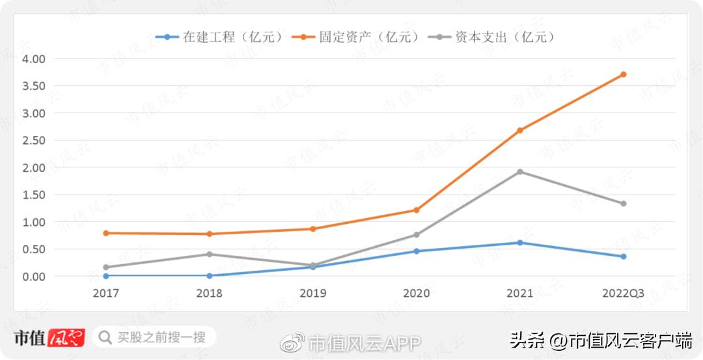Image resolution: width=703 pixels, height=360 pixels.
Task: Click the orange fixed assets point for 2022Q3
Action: [x=623, y=74]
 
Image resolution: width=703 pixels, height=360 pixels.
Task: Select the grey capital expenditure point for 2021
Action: [x=519, y=172]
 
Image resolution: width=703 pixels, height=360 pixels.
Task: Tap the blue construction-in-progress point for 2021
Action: [x=519, y=243]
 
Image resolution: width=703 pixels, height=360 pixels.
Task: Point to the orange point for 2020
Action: [x=416, y=210]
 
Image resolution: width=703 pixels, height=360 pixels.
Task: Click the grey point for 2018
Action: [x=209, y=255]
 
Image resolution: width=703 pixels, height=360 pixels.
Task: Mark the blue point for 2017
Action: [x=105, y=276]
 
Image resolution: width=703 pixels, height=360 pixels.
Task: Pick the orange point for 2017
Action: [x=105, y=233]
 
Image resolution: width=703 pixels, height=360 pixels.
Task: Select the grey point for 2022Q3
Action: [x=623, y=204]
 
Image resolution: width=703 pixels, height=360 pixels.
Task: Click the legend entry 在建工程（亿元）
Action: [x=220, y=37]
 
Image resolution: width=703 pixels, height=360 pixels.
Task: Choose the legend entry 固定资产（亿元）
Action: [x=356, y=37]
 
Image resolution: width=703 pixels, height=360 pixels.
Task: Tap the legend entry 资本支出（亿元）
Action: [x=492, y=37]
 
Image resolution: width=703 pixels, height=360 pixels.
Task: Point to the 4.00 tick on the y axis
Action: [x=33, y=59]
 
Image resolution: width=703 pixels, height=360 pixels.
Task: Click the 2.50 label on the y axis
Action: [x=33, y=141]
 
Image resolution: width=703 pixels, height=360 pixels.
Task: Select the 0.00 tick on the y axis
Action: [x=33, y=277]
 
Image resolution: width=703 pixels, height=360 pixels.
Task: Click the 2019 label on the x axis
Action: [x=312, y=294]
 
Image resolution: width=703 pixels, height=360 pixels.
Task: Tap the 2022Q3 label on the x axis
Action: [x=623, y=294]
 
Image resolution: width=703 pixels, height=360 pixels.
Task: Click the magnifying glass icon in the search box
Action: [x=105, y=337]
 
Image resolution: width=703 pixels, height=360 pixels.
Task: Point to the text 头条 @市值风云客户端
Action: [x=600, y=340]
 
